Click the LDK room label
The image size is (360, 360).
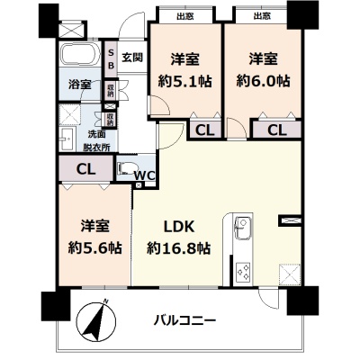coord(179,227)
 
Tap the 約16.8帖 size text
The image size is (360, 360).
coord(178,248)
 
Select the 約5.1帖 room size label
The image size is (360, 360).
coord(184,81)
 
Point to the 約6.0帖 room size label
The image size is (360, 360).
coord(263,81)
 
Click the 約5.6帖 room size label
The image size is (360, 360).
coord(94,248)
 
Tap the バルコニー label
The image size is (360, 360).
coord(184,320)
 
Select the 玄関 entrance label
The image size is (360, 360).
coord(132,57)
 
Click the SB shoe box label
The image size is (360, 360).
coord(111,59)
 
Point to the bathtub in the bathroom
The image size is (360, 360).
coord(80,55)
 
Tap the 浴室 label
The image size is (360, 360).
coord(79,85)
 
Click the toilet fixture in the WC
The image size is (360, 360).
coord(126,169)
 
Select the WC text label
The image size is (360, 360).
coord(144,175)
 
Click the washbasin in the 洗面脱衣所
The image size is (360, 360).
coord(67,139)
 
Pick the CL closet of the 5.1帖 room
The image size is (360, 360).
coord(205,130)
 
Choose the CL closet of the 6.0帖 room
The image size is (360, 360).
coord(277,130)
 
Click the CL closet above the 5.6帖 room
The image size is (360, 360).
coord(85,168)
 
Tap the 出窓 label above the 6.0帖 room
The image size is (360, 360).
coord(262,16)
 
